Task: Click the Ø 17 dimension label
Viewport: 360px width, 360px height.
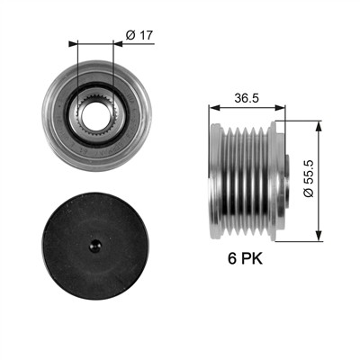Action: (139, 35)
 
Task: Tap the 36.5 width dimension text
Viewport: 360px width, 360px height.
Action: (247, 98)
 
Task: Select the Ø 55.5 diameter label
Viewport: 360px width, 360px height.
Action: (308, 178)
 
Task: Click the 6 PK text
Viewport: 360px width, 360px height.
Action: (245, 258)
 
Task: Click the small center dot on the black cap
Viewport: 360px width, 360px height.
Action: (95, 246)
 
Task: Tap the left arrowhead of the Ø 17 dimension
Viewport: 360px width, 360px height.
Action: (73, 44)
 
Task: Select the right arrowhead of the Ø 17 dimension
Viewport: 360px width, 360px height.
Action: (118, 44)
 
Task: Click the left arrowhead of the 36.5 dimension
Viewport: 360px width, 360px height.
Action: (213, 108)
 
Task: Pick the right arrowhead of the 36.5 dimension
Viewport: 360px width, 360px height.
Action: (280, 108)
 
